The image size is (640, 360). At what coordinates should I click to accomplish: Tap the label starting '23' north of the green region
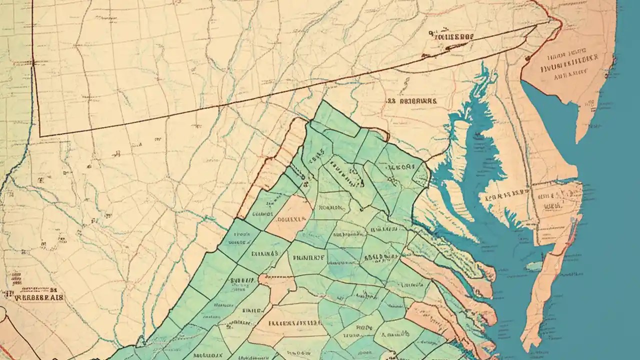click(x=411, y=100)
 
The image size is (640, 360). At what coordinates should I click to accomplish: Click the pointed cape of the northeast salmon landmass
click(x=580, y=137)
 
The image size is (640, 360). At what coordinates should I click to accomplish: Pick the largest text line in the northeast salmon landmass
click(x=570, y=58)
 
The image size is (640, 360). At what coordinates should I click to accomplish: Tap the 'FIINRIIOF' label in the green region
click(x=308, y=258)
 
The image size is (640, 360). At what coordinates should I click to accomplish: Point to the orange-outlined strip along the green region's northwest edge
click(x=270, y=170)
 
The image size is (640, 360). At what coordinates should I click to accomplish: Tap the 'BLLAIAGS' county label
click(x=264, y=253)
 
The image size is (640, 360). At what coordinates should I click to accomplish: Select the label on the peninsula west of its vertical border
click(x=505, y=195)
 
